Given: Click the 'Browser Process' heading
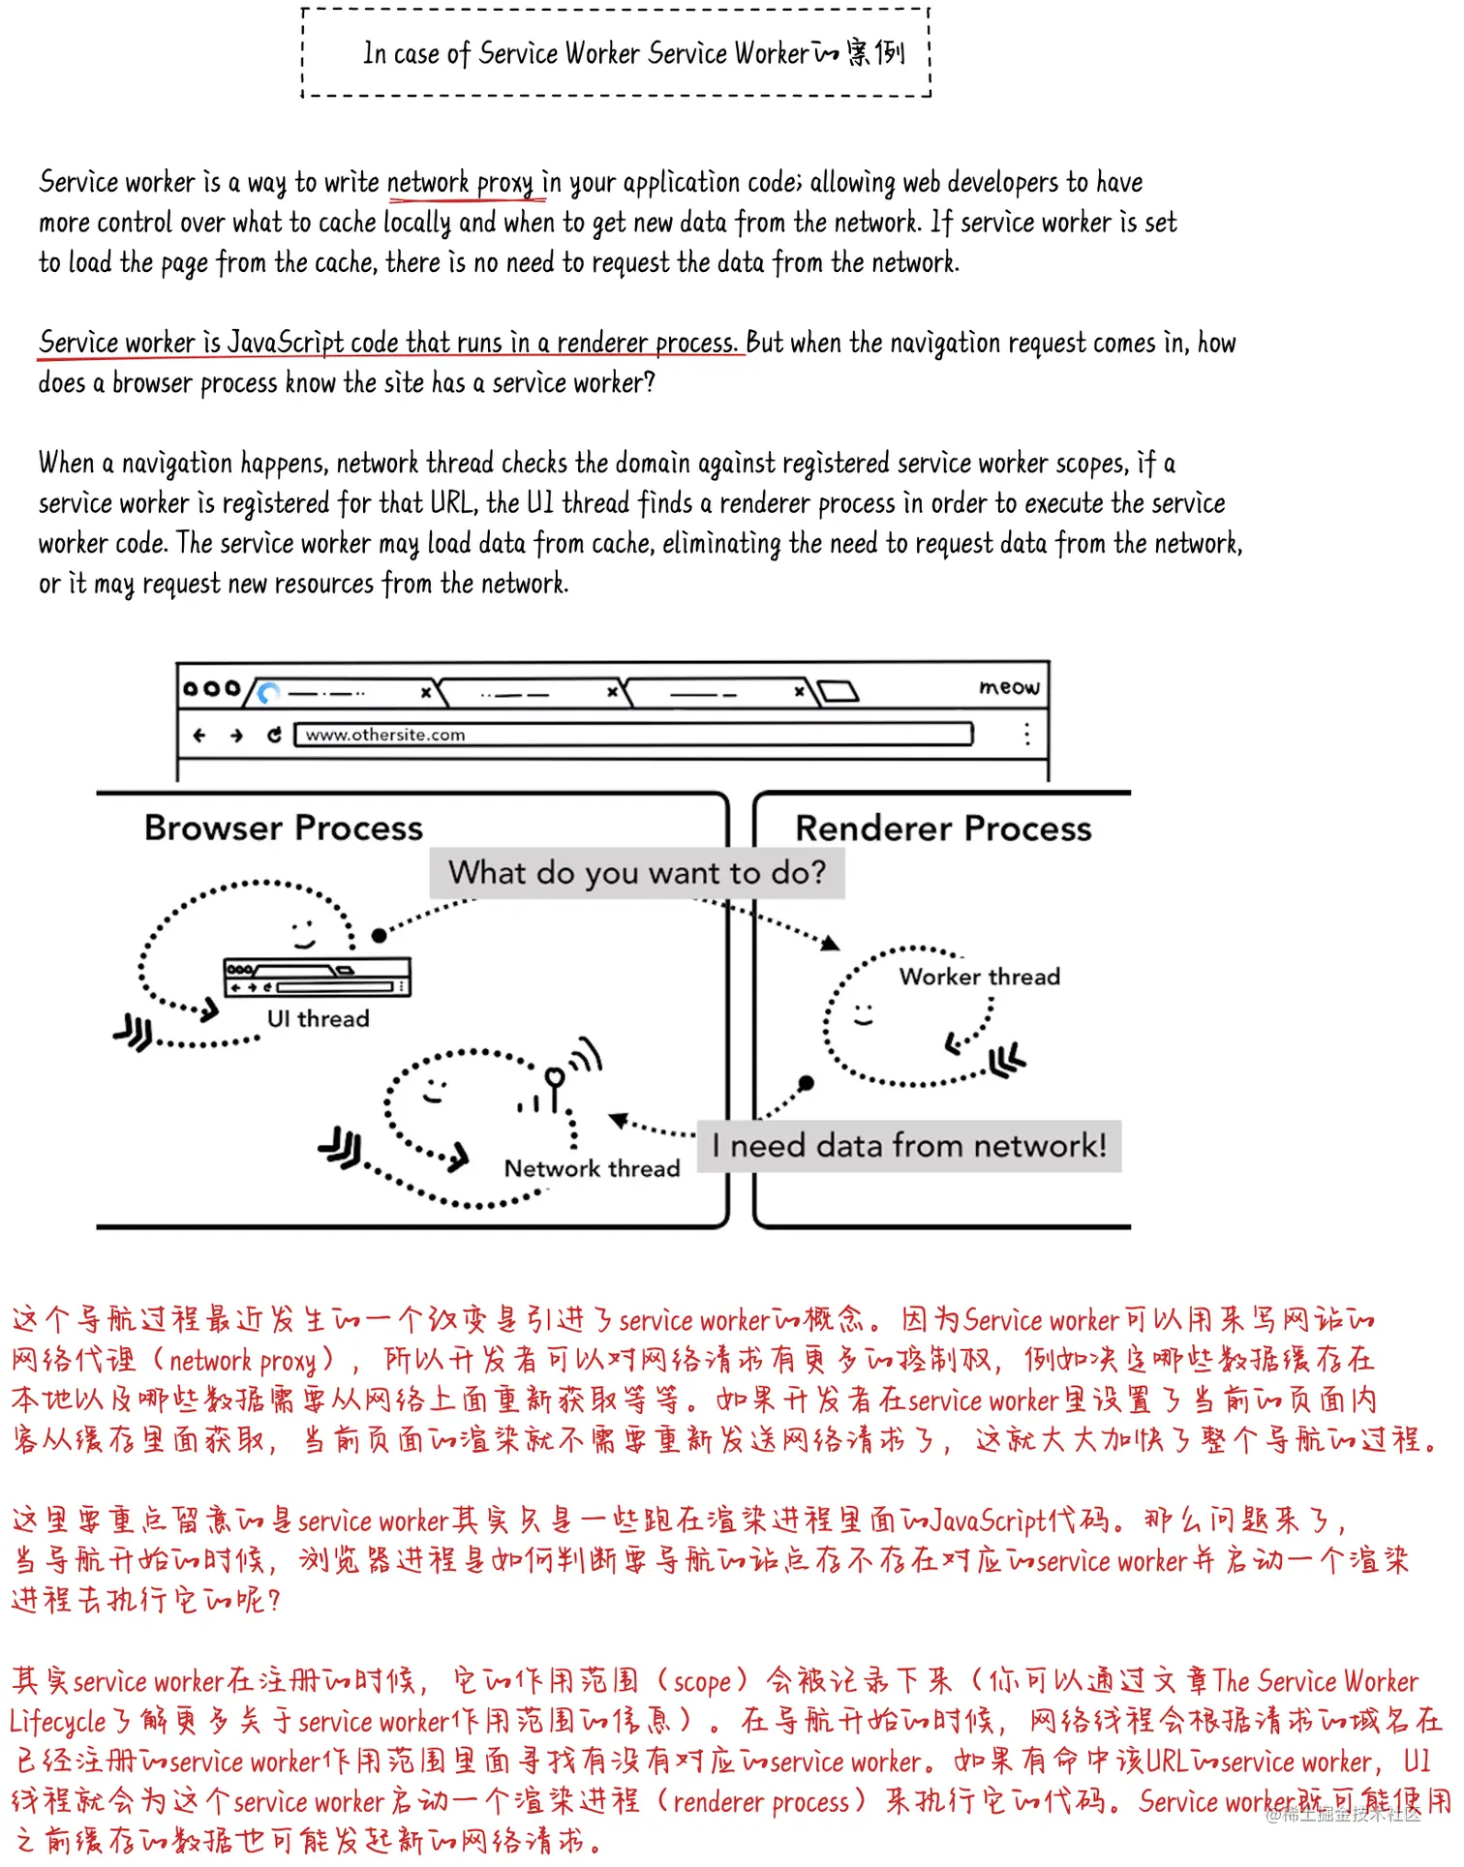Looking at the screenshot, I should tap(284, 828).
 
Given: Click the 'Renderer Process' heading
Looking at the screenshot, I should tap(943, 829).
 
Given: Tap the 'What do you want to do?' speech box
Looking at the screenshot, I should tap(637, 873).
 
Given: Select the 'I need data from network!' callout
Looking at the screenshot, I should tap(908, 1147).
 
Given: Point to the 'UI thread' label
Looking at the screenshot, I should tap(318, 1019).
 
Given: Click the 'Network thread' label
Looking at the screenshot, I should tap(592, 1169).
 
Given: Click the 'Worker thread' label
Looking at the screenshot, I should tap(979, 977).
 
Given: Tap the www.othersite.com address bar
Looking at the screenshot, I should tap(633, 735).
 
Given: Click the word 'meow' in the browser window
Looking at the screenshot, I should tap(1009, 687).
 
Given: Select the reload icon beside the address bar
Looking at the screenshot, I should tap(274, 736).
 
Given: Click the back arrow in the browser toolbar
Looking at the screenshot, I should tap(199, 736).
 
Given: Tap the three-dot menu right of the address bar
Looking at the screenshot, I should tap(1026, 734).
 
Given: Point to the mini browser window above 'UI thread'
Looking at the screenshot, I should tap(317, 977).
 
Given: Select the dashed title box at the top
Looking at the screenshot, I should tap(616, 53).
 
